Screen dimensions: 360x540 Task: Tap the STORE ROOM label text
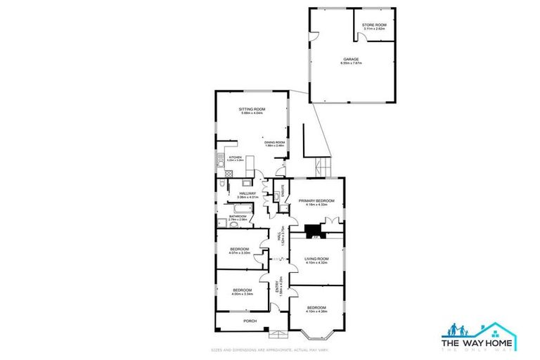pos(374,25)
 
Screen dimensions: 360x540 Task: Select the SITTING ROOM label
pos(251,110)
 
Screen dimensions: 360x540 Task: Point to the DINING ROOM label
pos(274,143)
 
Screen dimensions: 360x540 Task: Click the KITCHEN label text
pos(235,157)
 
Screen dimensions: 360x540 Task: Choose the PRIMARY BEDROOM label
pos(316,201)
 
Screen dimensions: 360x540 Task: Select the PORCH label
pos(250,321)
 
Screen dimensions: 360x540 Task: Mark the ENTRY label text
pos(278,283)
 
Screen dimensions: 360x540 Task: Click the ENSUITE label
pos(283,188)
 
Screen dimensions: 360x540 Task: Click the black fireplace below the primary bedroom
pos(311,229)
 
